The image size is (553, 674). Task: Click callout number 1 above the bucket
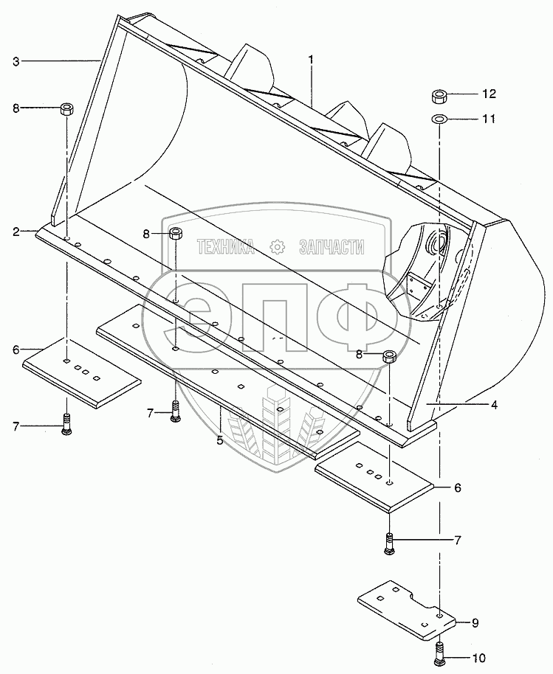(x=311, y=58)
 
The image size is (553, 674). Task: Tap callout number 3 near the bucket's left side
(x=16, y=61)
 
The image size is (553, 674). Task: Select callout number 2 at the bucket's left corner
(x=15, y=232)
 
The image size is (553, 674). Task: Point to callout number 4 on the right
(x=494, y=404)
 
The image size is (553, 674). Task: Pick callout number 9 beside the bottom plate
(x=474, y=623)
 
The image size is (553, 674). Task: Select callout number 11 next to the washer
(x=489, y=118)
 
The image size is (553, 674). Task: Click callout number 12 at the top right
(x=489, y=94)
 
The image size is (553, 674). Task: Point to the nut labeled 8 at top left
(x=66, y=109)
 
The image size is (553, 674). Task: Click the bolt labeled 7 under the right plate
(x=389, y=544)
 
